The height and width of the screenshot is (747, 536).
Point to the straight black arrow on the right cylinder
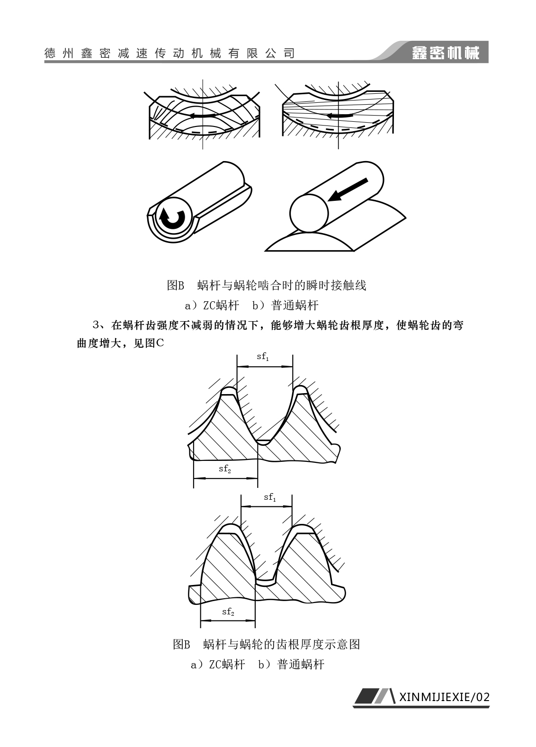pyautogui.click(x=348, y=189)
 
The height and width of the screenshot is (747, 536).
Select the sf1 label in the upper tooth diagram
pyautogui.click(x=263, y=357)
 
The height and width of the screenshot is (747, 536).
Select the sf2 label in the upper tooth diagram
pyautogui.click(x=225, y=469)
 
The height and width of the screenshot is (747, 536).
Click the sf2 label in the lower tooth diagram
pyautogui.click(x=228, y=612)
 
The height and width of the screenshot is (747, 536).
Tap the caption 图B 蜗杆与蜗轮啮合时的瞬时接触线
pyautogui.click(x=267, y=285)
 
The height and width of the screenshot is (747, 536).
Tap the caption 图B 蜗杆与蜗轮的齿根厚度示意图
pyautogui.click(x=267, y=644)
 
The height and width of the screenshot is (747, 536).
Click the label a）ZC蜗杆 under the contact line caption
pyautogui.click(x=212, y=305)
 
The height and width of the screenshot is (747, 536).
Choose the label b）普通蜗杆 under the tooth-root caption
pyautogui.click(x=291, y=664)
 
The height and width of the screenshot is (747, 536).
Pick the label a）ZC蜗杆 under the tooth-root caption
pyautogui.click(x=218, y=664)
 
